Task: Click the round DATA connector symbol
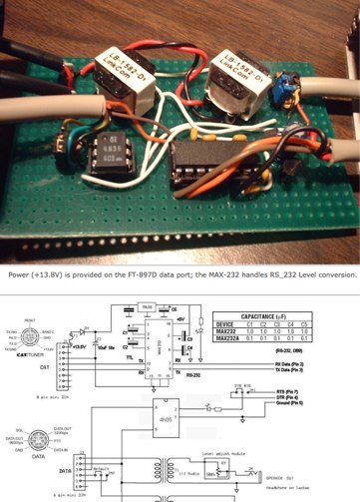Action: (29, 422)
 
